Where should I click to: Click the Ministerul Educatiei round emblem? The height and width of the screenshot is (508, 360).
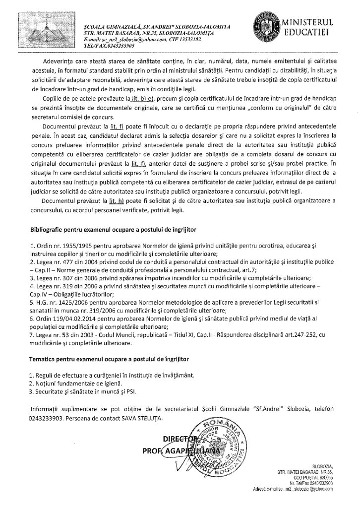tap(264, 27)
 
